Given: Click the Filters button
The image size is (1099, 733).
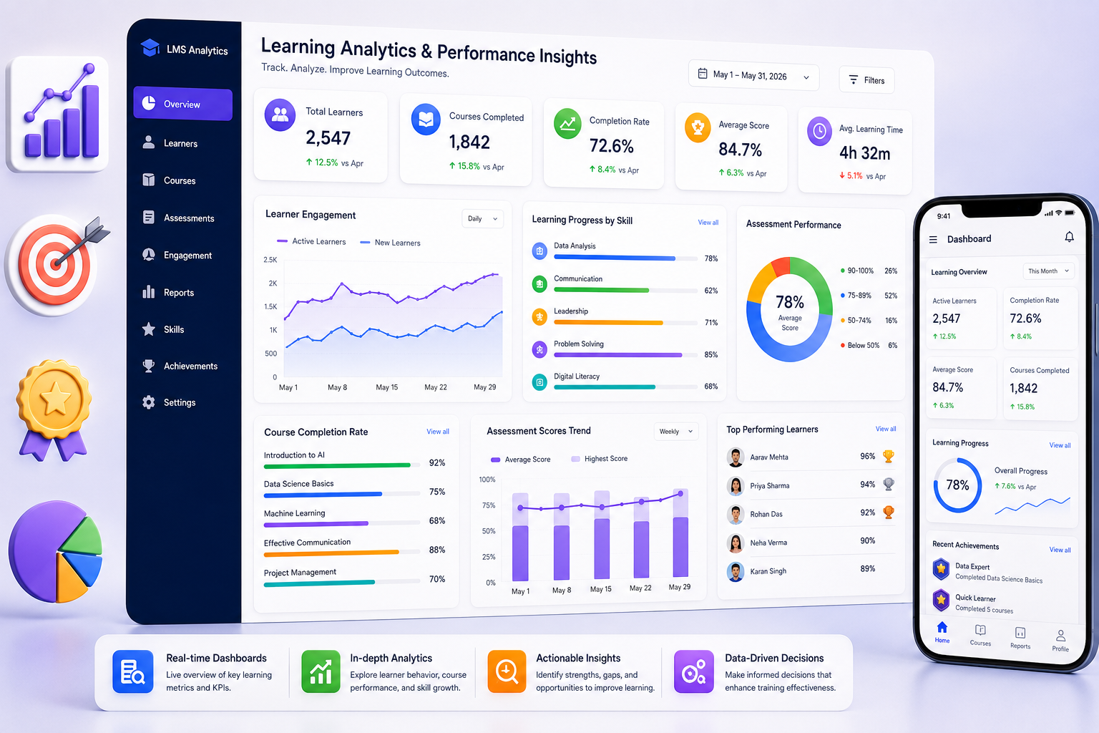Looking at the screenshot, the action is [866, 79].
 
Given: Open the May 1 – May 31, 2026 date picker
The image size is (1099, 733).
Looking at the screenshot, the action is [753, 75].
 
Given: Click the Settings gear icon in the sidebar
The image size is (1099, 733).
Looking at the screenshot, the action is [149, 402].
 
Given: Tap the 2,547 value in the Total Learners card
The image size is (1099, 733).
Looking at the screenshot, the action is [328, 138].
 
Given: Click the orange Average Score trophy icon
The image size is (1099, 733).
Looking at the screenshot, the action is [698, 127].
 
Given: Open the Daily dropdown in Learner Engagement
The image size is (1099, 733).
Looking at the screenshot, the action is [482, 218].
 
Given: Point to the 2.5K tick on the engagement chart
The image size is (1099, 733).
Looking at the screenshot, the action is [270, 260].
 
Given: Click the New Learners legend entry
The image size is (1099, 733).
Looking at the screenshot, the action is [391, 243].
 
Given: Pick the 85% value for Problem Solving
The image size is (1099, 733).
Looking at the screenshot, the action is [711, 354].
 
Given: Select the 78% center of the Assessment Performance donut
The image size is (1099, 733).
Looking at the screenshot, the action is [790, 301].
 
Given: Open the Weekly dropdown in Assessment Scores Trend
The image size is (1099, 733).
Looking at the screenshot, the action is [676, 431].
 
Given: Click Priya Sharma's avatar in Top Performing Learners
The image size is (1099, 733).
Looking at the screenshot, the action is [736, 485].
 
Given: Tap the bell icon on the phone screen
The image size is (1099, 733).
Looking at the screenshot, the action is [1069, 237].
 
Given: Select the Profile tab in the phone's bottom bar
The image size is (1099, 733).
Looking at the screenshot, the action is [1060, 641].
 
